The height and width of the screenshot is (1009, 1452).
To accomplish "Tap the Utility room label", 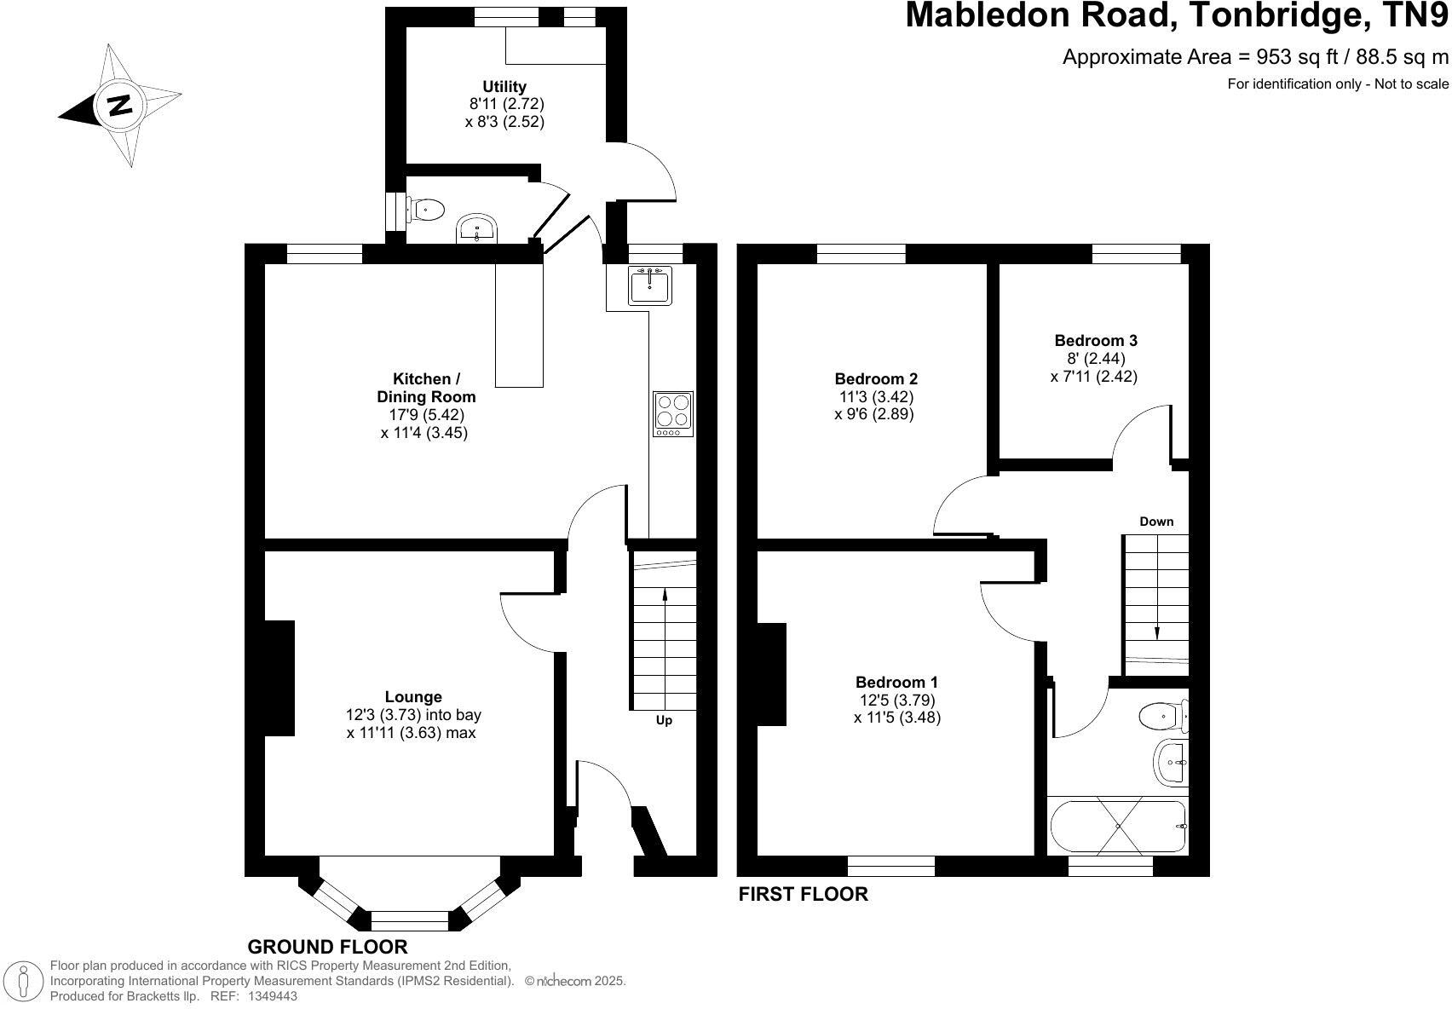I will (x=504, y=87).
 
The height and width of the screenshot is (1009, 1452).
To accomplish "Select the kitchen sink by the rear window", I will (x=651, y=285).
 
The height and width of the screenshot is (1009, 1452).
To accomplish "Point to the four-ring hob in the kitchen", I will (x=672, y=414).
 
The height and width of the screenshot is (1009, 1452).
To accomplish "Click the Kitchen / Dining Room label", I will (x=426, y=388).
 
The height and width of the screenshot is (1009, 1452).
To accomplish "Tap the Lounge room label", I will (x=413, y=697).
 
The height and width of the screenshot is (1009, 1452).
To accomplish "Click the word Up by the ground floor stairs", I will (x=664, y=720).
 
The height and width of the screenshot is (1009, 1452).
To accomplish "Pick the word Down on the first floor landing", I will (x=1156, y=522).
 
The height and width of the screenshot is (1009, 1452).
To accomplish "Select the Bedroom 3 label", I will (x=1096, y=340).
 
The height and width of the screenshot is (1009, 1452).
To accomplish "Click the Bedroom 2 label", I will (x=876, y=378).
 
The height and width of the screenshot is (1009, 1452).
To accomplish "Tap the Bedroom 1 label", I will (x=896, y=682).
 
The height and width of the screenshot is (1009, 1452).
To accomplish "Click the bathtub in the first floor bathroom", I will (x=1117, y=827).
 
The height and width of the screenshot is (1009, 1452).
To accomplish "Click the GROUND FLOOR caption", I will (x=327, y=947).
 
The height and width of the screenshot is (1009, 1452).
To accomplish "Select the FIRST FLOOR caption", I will (x=803, y=894).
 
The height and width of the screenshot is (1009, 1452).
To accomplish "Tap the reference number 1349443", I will (x=272, y=995).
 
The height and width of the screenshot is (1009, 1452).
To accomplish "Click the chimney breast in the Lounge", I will (x=279, y=677).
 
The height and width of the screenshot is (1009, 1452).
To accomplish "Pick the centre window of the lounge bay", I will (x=410, y=920).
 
